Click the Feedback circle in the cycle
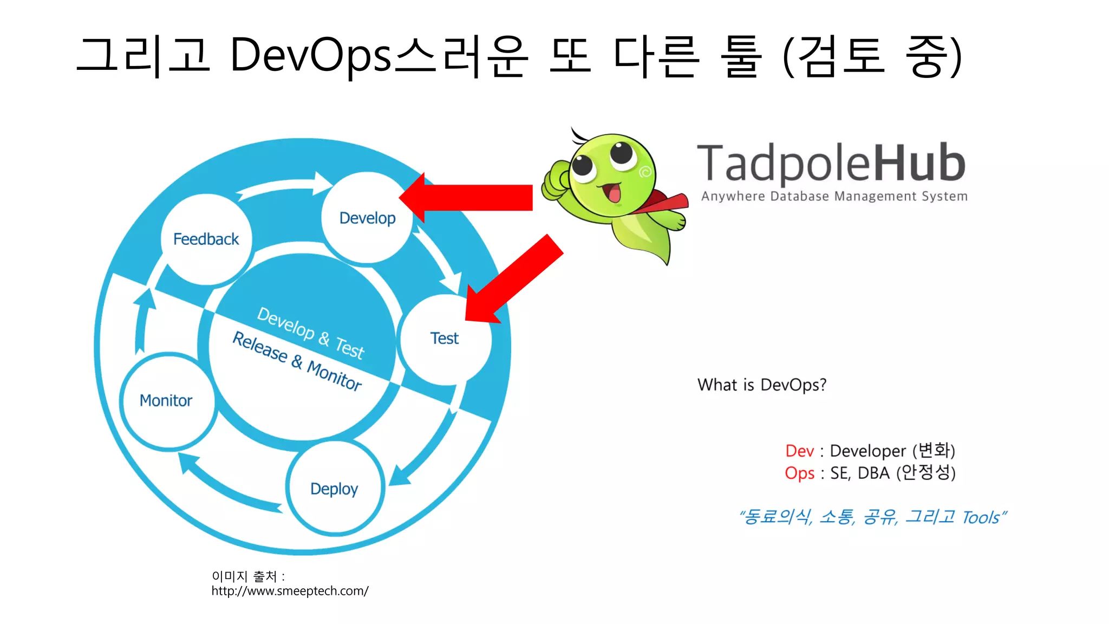(x=206, y=239)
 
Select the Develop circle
(x=367, y=218)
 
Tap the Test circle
(x=445, y=339)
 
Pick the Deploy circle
(x=334, y=489)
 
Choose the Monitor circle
(x=166, y=400)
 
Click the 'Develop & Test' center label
(x=311, y=333)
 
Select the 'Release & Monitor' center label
(x=297, y=361)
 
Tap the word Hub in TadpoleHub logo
(x=919, y=162)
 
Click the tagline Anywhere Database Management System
(x=834, y=196)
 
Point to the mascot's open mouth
(x=614, y=193)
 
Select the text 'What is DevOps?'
(x=761, y=385)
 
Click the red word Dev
(x=799, y=451)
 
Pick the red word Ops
(x=799, y=473)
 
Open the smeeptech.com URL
(x=290, y=591)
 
